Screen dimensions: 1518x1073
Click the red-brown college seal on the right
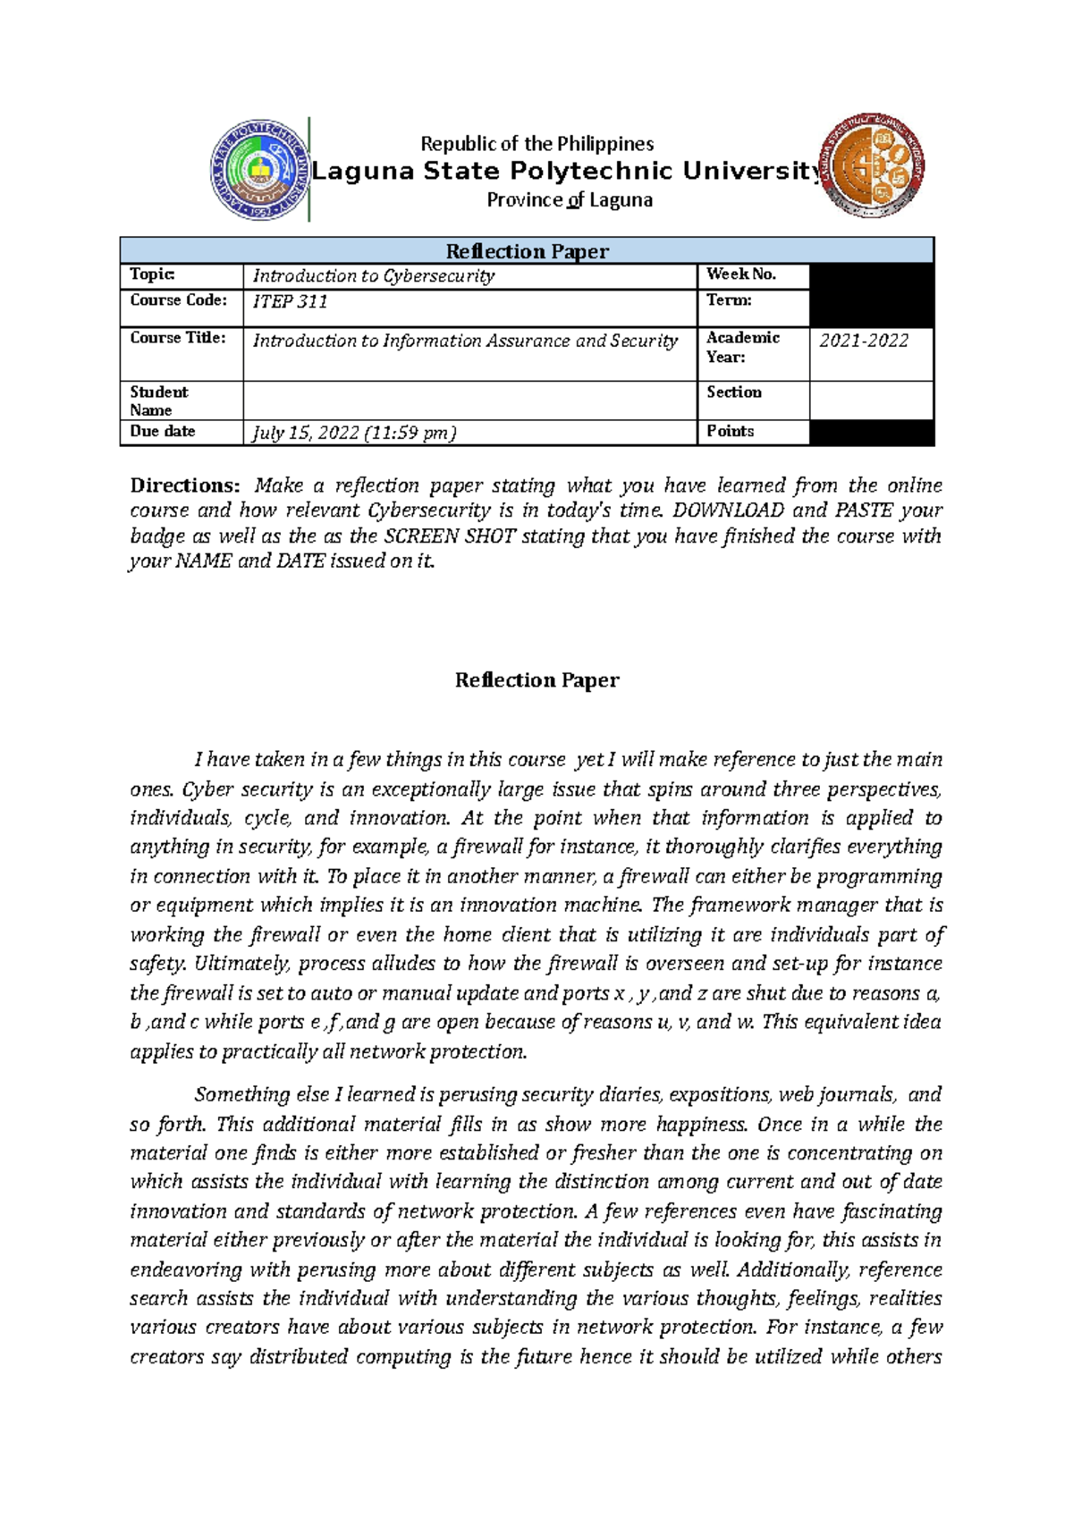pos(873,166)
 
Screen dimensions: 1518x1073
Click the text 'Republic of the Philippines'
pos(536,144)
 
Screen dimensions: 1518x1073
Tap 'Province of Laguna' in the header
pos(570,200)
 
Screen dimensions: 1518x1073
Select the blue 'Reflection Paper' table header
pos(527,251)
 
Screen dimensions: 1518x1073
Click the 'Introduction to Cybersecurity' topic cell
pos(374,276)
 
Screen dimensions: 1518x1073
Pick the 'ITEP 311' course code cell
pos(291,302)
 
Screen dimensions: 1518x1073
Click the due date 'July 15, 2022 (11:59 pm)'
pos(355,434)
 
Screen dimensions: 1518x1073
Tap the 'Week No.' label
pos(741,274)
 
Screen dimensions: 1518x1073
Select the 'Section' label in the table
pos(734,392)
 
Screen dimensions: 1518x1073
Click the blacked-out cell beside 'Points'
pos(871,433)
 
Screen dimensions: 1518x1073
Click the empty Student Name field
pos(469,401)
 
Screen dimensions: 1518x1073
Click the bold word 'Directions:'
pos(185,485)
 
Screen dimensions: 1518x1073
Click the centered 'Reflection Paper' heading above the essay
pos(536,680)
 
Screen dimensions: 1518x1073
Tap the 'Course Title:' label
pos(178,338)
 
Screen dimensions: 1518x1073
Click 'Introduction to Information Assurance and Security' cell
pos(465,341)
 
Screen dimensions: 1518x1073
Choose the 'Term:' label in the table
pos(729,300)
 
